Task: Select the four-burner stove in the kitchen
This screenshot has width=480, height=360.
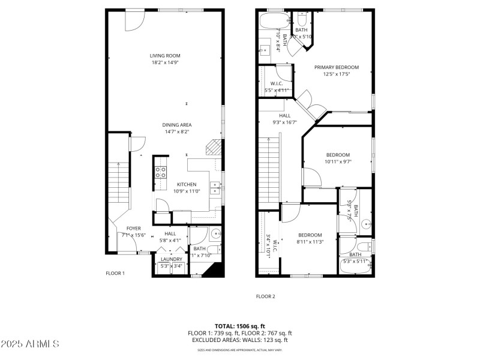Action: [x=161, y=172]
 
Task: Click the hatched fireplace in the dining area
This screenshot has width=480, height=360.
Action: [x=212, y=147]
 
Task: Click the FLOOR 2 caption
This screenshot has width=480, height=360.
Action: [x=265, y=296]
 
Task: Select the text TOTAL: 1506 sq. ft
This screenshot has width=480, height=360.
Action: [x=239, y=326]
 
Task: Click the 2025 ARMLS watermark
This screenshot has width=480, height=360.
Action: [x=30, y=344]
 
